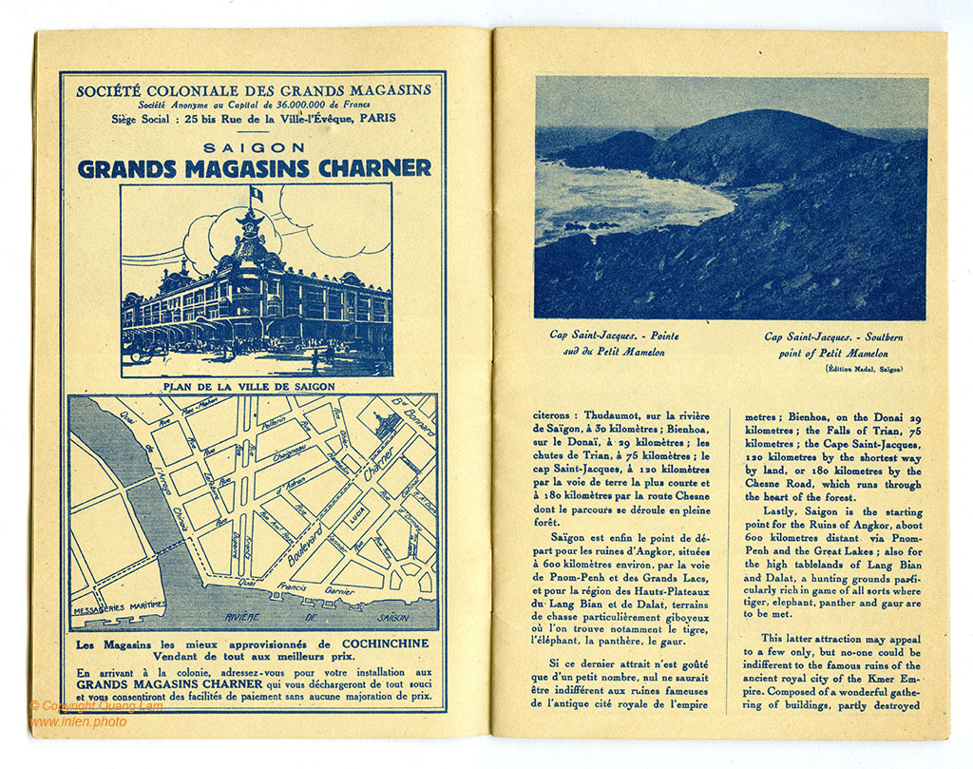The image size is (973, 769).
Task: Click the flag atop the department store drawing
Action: coord(254,195)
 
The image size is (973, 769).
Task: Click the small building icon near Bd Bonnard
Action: coord(385,426)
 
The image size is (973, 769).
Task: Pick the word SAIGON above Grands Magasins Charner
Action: coord(254,147)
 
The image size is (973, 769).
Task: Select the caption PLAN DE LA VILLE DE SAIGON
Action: coord(253,387)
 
